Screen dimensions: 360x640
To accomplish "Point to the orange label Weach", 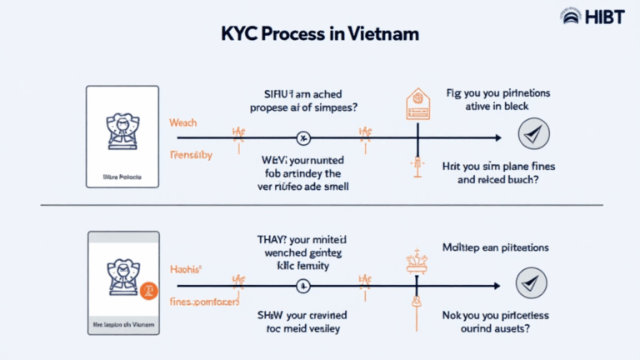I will point(182,122).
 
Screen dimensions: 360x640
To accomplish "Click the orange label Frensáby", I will point(191,155).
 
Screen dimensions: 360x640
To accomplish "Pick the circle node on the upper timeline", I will point(304,137).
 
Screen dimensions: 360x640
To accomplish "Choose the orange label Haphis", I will point(185,270).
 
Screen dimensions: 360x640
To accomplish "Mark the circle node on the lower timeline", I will point(303,286).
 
